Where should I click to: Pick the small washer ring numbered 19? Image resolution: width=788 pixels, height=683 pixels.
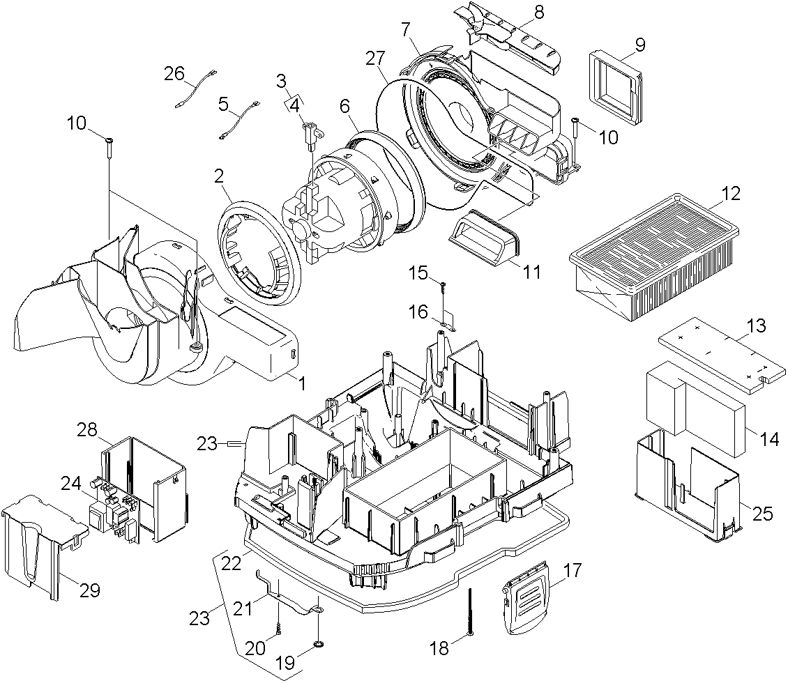(x=319, y=643)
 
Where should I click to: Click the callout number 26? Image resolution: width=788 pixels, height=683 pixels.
(x=174, y=72)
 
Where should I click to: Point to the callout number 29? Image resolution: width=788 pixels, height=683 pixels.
(x=89, y=590)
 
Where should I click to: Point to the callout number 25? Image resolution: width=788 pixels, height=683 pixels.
(x=764, y=514)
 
